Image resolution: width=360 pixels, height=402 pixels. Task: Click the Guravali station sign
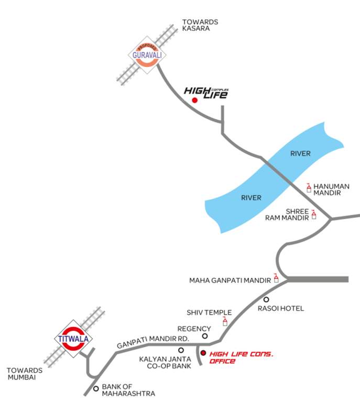coord(143,53)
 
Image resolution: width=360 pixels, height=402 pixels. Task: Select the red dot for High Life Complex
coord(194,100)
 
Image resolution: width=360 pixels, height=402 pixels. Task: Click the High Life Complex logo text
coord(206,92)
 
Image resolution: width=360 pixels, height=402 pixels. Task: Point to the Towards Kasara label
coord(200,25)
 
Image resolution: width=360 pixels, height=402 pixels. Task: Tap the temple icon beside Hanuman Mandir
coord(309,187)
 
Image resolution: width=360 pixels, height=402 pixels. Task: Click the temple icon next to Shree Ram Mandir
coord(314,214)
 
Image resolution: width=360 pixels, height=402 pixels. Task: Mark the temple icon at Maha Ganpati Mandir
coord(276,278)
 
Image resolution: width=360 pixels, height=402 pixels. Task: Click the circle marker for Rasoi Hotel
coord(266,299)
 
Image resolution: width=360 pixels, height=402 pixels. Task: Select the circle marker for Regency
coord(205,336)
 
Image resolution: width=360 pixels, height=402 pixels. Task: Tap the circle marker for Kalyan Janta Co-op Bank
coord(181,350)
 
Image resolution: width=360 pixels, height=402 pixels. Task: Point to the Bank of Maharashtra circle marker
coord(95,388)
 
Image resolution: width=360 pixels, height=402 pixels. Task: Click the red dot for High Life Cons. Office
coord(203,354)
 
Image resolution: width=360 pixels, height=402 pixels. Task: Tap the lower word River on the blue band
coord(251,198)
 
